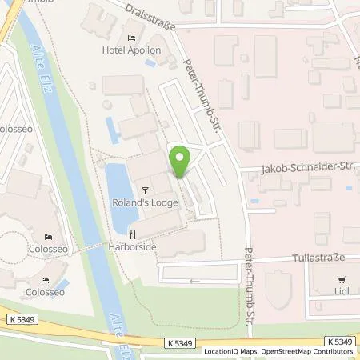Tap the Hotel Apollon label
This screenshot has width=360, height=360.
(132, 50)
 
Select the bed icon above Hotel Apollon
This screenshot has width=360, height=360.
(132, 38)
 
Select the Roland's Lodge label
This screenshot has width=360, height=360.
(145, 203)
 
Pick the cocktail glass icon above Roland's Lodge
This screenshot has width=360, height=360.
(145, 190)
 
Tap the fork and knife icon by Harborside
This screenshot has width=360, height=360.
(133, 234)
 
